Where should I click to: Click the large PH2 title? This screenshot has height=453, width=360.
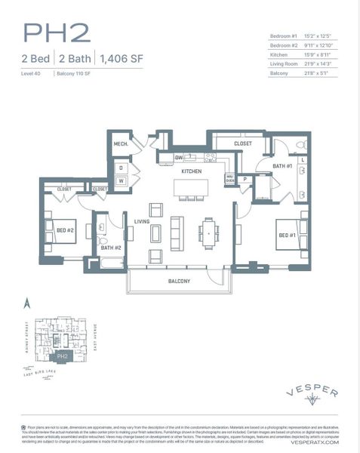pyautogui.click(x=56, y=32)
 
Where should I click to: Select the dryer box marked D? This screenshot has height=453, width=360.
pyautogui.click(x=120, y=167)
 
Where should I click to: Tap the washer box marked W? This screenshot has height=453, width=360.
pyautogui.click(x=120, y=180)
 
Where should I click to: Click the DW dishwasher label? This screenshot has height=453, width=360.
pyautogui.click(x=179, y=157)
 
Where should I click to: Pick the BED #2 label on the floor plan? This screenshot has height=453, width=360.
pyautogui.click(x=65, y=231)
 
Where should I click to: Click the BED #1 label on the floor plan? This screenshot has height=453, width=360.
pyautogui.click(x=287, y=235)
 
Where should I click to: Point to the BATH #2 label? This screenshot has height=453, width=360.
pyautogui.click(x=111, y=247)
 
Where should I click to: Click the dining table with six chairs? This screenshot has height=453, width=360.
pyautogui.click(x=209, y=233)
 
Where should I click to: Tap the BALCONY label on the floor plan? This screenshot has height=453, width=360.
pyautogui.click(x=178, y=281)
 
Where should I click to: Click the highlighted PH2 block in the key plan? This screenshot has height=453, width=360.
pyautogui.click(x=62, y=356)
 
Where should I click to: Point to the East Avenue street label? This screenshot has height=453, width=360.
pyautogui.click(x=97, y=335)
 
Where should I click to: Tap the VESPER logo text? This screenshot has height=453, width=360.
pyautogui.click(x=312, y=393)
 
